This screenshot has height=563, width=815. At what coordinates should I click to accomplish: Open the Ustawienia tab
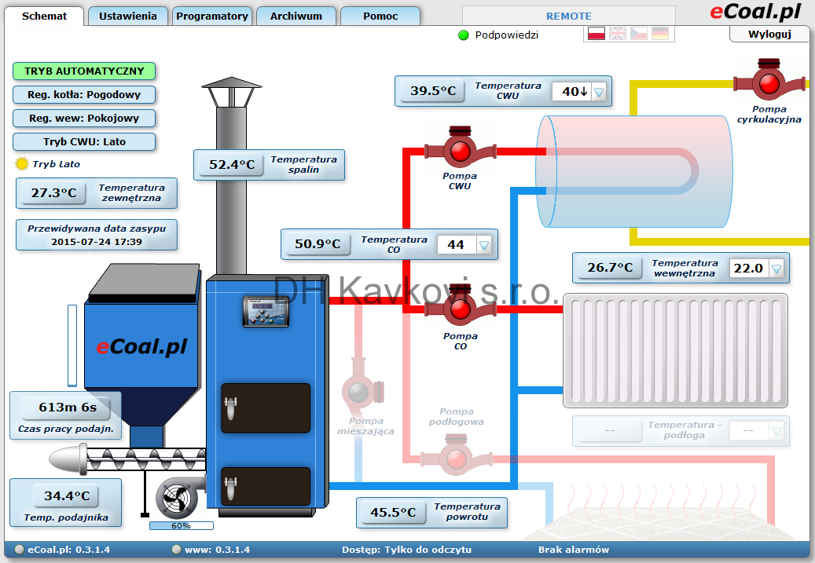coord(128,16)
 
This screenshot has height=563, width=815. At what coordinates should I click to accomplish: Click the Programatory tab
coord(212,16)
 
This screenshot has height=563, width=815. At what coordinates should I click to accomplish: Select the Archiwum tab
coord(296,16)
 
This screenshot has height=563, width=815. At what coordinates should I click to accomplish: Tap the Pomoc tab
coord(380,16)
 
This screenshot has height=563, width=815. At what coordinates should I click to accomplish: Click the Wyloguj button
coord(769,35)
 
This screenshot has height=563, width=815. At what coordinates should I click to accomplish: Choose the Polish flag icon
coord(597,34)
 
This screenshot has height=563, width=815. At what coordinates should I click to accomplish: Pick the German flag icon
coord(660,34)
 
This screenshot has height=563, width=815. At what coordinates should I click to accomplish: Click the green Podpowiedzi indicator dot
coord(464,35)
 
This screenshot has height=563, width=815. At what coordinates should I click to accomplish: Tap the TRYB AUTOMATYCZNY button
coord(84,71)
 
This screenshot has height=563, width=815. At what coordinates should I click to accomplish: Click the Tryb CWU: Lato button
coord(84,142)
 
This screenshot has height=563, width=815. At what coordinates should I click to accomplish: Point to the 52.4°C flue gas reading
coord(232,165)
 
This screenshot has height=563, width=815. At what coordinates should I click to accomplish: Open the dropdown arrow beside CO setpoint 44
coord(484,245)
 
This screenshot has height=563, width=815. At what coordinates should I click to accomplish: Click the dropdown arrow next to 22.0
coord(776,269)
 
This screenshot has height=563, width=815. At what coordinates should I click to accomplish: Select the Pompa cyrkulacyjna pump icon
coord(769,82)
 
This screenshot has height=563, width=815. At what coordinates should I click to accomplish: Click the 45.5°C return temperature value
coord(393,513)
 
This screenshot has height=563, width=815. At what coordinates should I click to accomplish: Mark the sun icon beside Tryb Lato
coord(22,164)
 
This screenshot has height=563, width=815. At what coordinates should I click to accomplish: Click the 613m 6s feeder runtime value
coord(68,408)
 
